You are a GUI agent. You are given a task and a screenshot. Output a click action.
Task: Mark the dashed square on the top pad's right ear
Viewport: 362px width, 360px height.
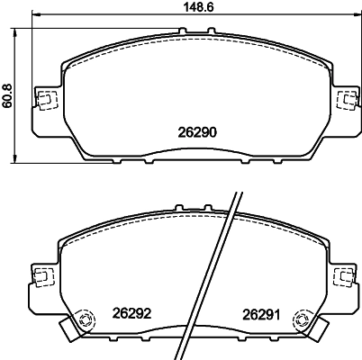click(x=343, y=99)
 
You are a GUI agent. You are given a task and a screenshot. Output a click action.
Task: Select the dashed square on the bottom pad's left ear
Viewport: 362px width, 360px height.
click(x=41, y=274)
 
